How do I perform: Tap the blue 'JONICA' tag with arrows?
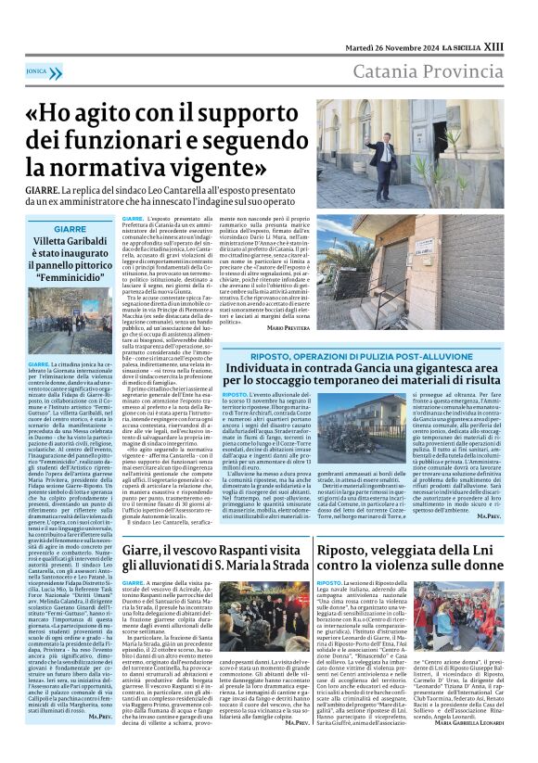[37, 70]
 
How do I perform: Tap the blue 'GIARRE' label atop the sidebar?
[70, 228]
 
